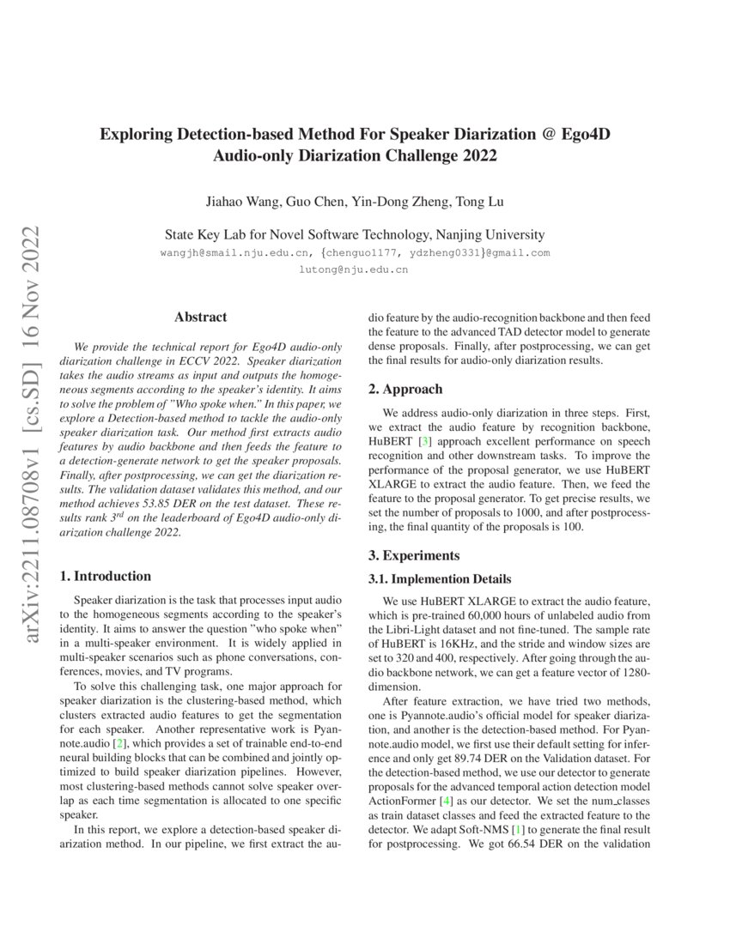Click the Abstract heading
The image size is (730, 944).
click(x=200, y=317)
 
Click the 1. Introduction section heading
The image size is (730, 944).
click(x=108, y=576)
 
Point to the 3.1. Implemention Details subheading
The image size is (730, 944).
click(x=440, y=579)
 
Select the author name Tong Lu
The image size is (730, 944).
click(x=481, y=202)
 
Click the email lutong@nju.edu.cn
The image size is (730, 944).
click(x=353, y=269)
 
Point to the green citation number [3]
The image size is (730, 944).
click(x=424, y=440)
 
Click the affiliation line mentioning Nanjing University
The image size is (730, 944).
click(x=354, y=234)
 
